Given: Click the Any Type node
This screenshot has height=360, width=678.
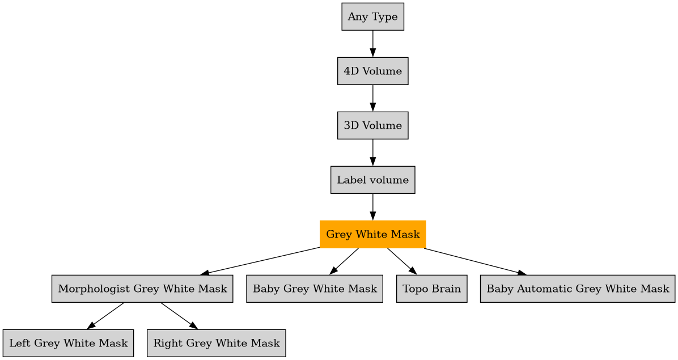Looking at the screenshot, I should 372,17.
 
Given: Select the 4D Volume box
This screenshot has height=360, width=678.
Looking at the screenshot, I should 372,71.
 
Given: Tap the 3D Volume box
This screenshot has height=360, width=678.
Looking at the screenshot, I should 372,126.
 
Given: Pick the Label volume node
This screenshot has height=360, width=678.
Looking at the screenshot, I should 372,180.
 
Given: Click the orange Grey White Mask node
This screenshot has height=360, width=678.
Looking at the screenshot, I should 372,234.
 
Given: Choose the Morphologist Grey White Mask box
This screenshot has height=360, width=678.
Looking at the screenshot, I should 142,289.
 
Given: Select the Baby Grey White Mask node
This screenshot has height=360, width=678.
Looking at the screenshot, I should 315,289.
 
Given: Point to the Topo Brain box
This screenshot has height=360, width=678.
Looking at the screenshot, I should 431,289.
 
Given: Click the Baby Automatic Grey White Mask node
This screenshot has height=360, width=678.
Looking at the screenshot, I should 578,289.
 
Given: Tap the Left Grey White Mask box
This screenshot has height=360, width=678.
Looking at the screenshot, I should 68,344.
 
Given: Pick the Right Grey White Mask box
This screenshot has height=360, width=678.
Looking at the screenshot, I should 216,344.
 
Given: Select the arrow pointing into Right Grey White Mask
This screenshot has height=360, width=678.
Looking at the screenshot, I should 179,316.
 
